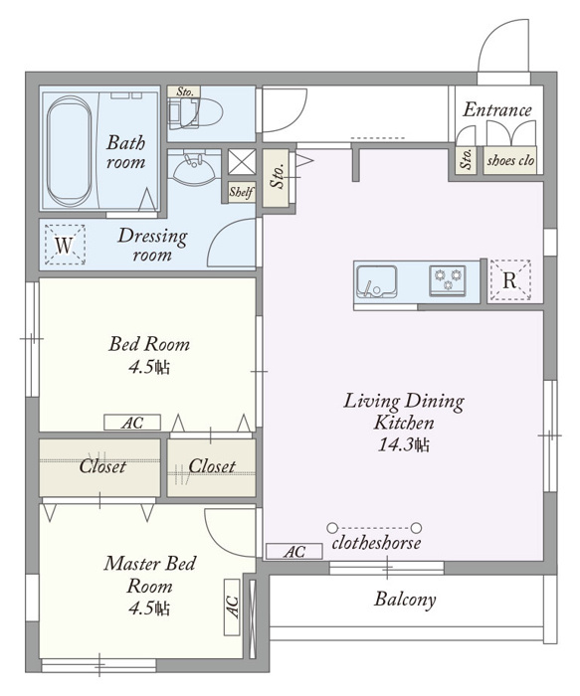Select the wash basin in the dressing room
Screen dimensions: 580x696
pos(194,168)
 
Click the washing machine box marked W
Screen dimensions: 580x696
pos(65,245)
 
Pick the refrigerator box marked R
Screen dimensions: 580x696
pos(510,279)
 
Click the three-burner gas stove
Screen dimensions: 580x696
pos(448,280)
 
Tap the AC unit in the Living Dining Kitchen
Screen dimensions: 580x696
pos(294,551)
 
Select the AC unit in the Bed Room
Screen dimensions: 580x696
pos(132,423)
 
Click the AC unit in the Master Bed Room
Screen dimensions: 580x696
pos(232,607)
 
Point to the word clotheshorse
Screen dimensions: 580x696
pos(376,543)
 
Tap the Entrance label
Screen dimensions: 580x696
pos(497,109)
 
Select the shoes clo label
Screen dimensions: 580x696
pos(510,160)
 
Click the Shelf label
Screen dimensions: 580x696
pos(242,192)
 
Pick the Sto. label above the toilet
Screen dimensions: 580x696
pos(185,91)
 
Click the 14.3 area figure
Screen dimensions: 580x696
pos(404,444)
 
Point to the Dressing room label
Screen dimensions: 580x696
pos(152,245)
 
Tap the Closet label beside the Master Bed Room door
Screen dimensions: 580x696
pos(212,466)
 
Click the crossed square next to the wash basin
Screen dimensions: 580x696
pos(242,161)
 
